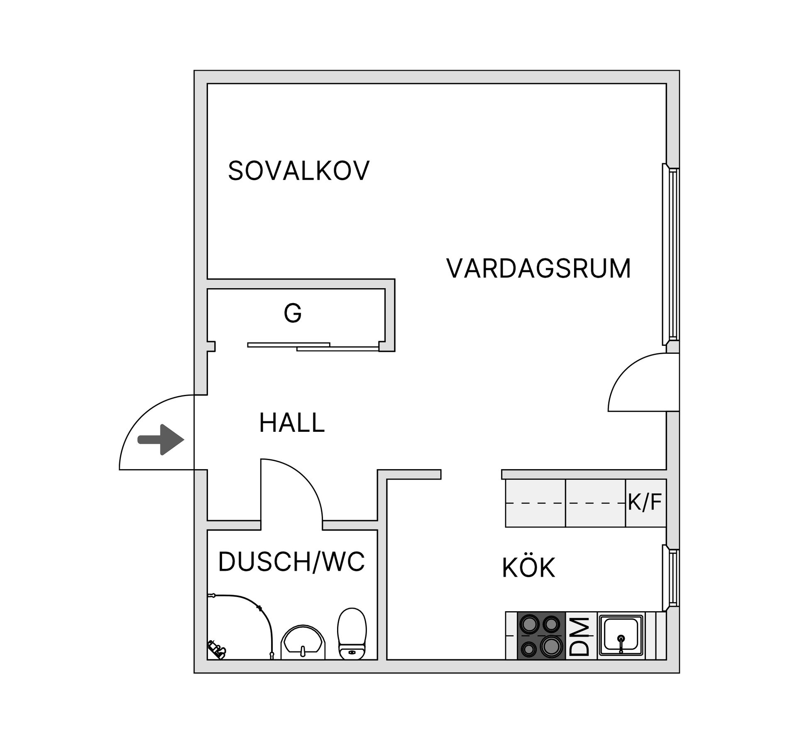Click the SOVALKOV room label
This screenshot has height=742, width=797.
[x=298, y=171]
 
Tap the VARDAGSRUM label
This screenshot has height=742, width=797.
[x=538, y=269]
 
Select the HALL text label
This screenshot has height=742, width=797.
[x=291, y=423]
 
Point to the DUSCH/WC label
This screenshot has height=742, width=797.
[x=291, y=562]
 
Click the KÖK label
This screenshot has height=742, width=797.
[x=528, y=568]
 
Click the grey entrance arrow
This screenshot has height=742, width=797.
[x=161, y=440]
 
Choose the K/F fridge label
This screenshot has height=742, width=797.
[x=644, y=502]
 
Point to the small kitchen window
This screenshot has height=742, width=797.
[x=671, y=578]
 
